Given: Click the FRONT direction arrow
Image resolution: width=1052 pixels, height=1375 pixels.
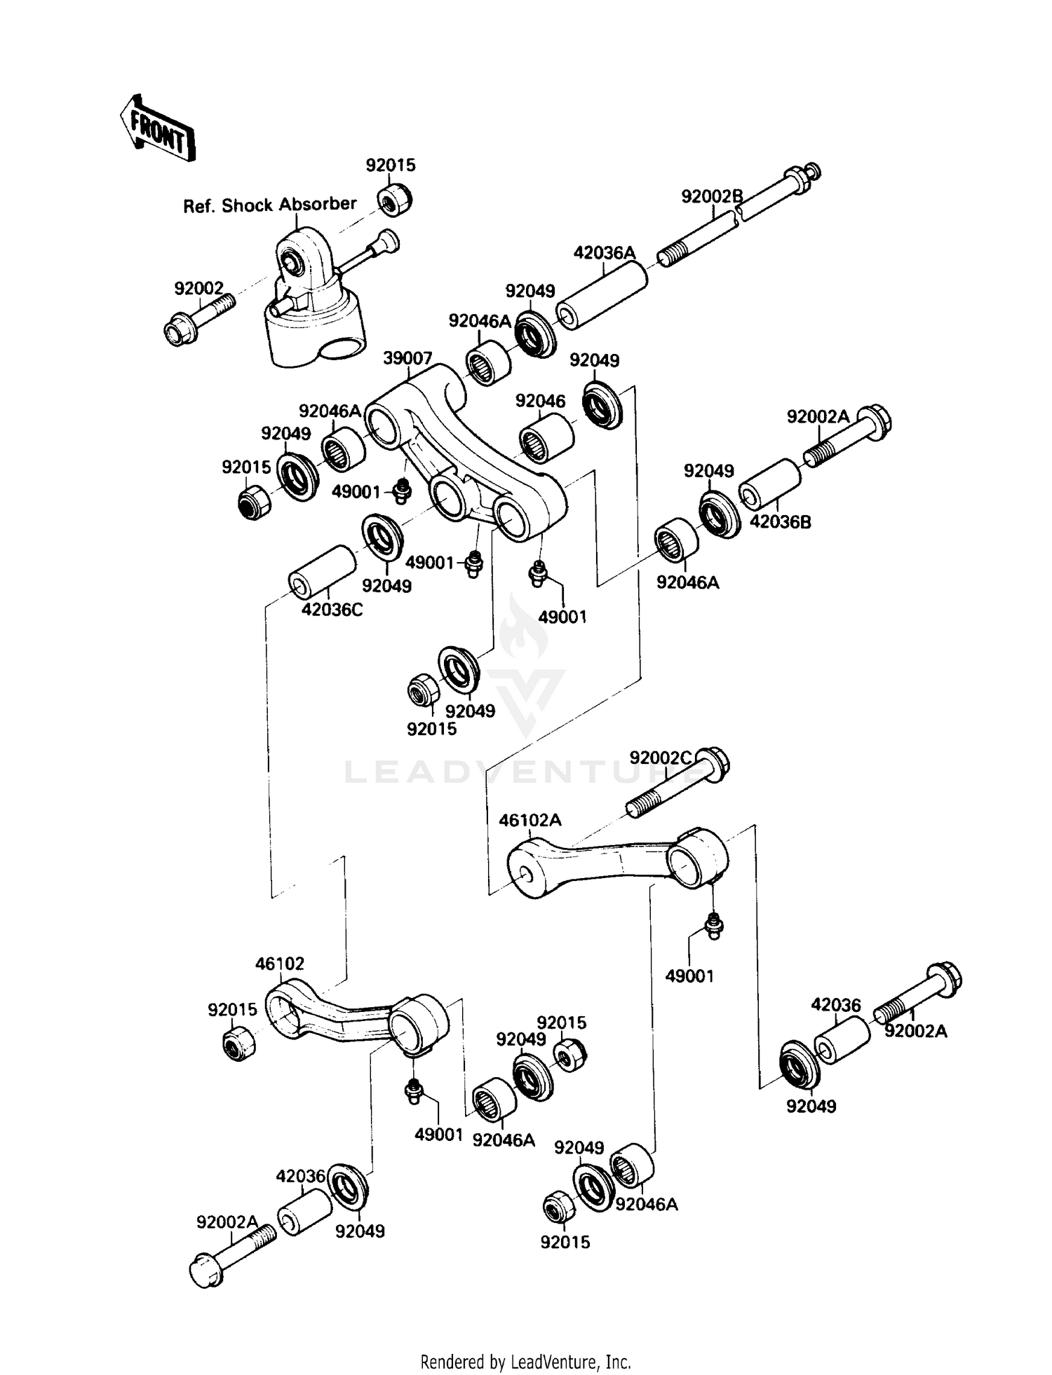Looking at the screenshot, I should tap(156, 129).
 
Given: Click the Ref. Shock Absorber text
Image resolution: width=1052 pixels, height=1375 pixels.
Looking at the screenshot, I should tap(269, 205).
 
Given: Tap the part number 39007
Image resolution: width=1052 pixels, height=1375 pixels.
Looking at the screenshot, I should tap(407, 358).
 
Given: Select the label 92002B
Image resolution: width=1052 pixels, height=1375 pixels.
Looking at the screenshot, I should tap(711, 196).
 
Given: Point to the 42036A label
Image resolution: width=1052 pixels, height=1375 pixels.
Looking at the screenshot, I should tap(604, 252).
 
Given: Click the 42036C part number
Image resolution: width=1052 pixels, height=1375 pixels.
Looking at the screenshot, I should tap(332, 610).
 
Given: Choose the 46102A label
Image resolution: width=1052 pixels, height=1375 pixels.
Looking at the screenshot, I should tap(530, 820).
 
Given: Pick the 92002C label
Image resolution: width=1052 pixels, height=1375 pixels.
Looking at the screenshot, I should tap(660, 758).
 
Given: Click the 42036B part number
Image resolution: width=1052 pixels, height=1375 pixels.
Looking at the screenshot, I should tap(781, 522).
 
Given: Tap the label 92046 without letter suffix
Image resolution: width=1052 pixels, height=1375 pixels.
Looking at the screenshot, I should tap(540, 401).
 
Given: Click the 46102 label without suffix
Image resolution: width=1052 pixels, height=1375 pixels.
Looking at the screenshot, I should tap(280, 964).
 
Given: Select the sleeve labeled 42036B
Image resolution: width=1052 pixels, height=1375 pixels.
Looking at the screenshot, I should tap(771, 484).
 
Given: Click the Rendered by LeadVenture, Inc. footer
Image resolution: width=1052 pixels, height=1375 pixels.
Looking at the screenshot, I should tap(525, 1362).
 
